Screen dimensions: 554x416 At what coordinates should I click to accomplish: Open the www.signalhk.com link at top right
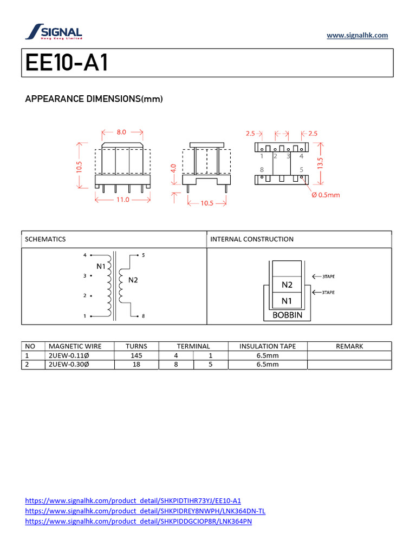pyautogui.click(x=357, y=36)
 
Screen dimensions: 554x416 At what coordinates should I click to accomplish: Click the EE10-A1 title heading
pyautogui.click(x=67, y=63)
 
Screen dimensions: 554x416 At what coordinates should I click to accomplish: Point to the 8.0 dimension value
pyautogui.click(x=121, y=131)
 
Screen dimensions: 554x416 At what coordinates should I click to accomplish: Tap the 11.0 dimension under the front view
pyautogui.click(x=123, y=200)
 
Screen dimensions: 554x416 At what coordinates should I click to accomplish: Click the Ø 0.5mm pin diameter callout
pyautogui.click(x=326, y=195)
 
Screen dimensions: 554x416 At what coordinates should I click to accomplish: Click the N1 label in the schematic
pyautogui.click(x=101, y=266)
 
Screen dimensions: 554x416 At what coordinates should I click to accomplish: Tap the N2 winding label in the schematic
pyautogui.click(x=133, y=280)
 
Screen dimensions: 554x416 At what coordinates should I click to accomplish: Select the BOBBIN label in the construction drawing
pyautogui.click(x=287, y=315)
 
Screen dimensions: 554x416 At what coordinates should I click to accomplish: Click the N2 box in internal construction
pyautogui.click(x=287, y=285)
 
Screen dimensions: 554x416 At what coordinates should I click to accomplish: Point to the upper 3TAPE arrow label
pyautogui.click(x=328, y=276)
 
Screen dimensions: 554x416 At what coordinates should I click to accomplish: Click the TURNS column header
pyautogui.click(x=136, y=346)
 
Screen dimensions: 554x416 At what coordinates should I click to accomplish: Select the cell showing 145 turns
pyautogui.click(x=136, y=355)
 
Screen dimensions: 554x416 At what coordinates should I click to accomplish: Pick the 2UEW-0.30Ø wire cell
pyautogui.click(x=69, y=365)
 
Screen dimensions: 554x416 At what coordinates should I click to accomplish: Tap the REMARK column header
pyautogui.click(x=349, y=346)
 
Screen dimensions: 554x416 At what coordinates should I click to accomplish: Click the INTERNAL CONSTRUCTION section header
pyautogui.click(x=252, y=239)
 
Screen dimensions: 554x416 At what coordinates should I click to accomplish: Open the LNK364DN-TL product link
pyautogui.click(x=145, y=511)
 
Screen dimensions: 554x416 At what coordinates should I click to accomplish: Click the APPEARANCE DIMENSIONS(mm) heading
pyautogui.click(x=94, y=99)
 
